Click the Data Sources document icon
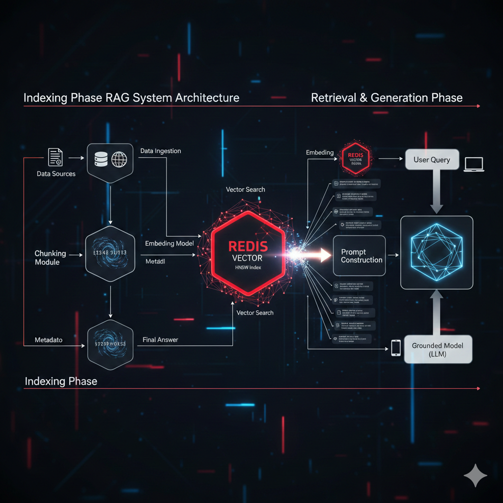pyautogui.click(x=56, y=157)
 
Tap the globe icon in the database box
pyautogui.click(x=119, y=159)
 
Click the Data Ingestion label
pyautogui.click(x=161, y=151)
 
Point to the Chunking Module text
pyautogui.click(x=50, y=257)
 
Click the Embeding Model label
pyautogui.click(x=169, y=244)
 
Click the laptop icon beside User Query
pyautogui.click(x=474, y=164)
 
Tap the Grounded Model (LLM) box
pyautogui.click(x=437, y=349)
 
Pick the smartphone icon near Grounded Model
pyautogui.click(x=396, y=348)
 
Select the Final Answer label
pyautogui.click(x=160, y=339)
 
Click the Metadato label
pyautogui.click(x=49, y=340)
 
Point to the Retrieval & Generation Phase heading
pyautogui.click(x=387, y=97)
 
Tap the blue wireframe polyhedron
pyautogui.click(x=437, y=252)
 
